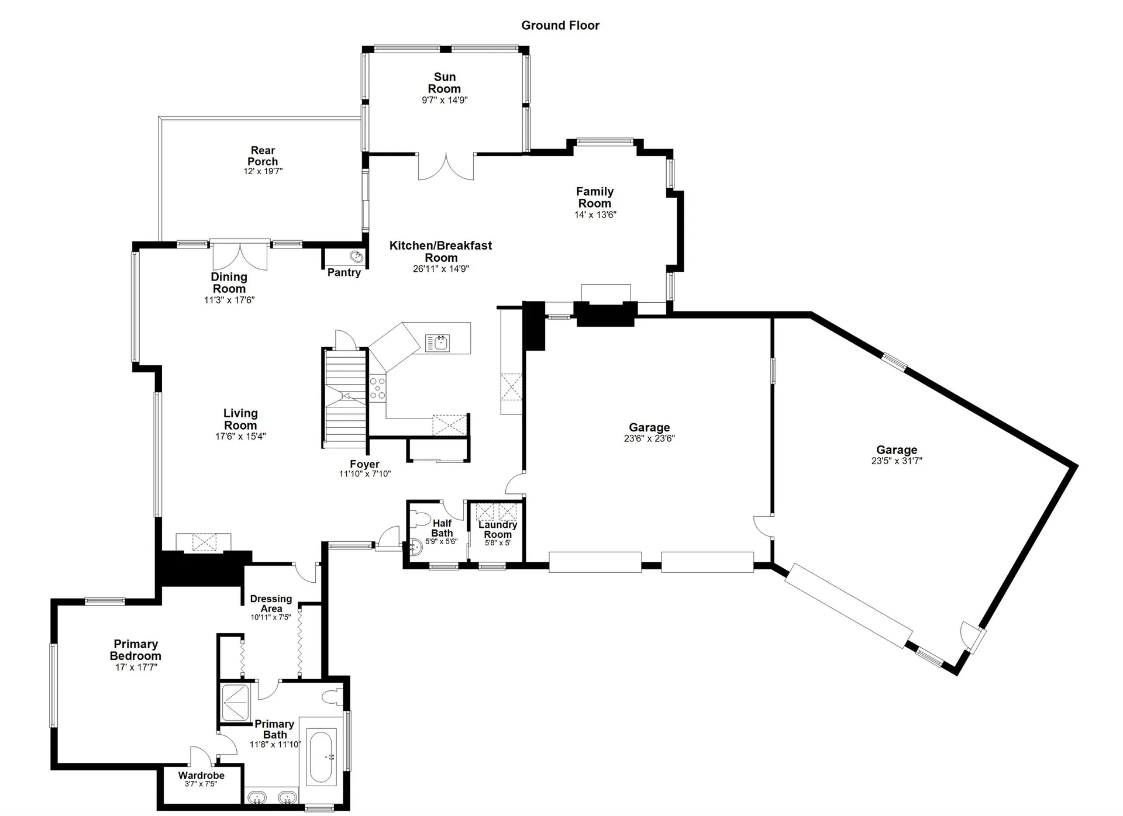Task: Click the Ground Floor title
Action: pyautogui.click(x=560, y=25)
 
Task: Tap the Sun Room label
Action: pyautogui.click(x=445, y=83)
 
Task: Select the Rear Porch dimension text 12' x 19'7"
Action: pyautogui.click(x=263, y=171)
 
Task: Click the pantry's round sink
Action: pyautogui.click(x=356, y=256)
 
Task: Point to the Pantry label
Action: pyautogui.click(x=344, y=272)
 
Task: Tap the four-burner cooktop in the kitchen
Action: pyautogui.click(x=378, y=388)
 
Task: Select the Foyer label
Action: pyautogui.click(x=365, y=464)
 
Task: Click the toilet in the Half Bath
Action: pyautogui.click(x=420, y=519)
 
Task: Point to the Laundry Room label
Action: pyautogui.click(x=498, y=530)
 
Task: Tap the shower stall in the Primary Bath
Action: pyautogui.click(x=235, y=702)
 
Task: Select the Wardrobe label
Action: pyautogui.click(x=201, y=776)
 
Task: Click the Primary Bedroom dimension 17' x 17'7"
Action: pyautogui.click(x=136, y=667)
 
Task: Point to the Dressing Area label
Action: pyautogui.click(x=271, y=603)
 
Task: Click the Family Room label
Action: pyautogui.click(x=595, y=198)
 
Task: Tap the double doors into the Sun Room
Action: pyautogui.click(x=446, y=167)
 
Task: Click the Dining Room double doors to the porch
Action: pyautogui.click(x=240, y=255)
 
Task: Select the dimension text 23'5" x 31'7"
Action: pyautogui.click(x=897, y=461)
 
